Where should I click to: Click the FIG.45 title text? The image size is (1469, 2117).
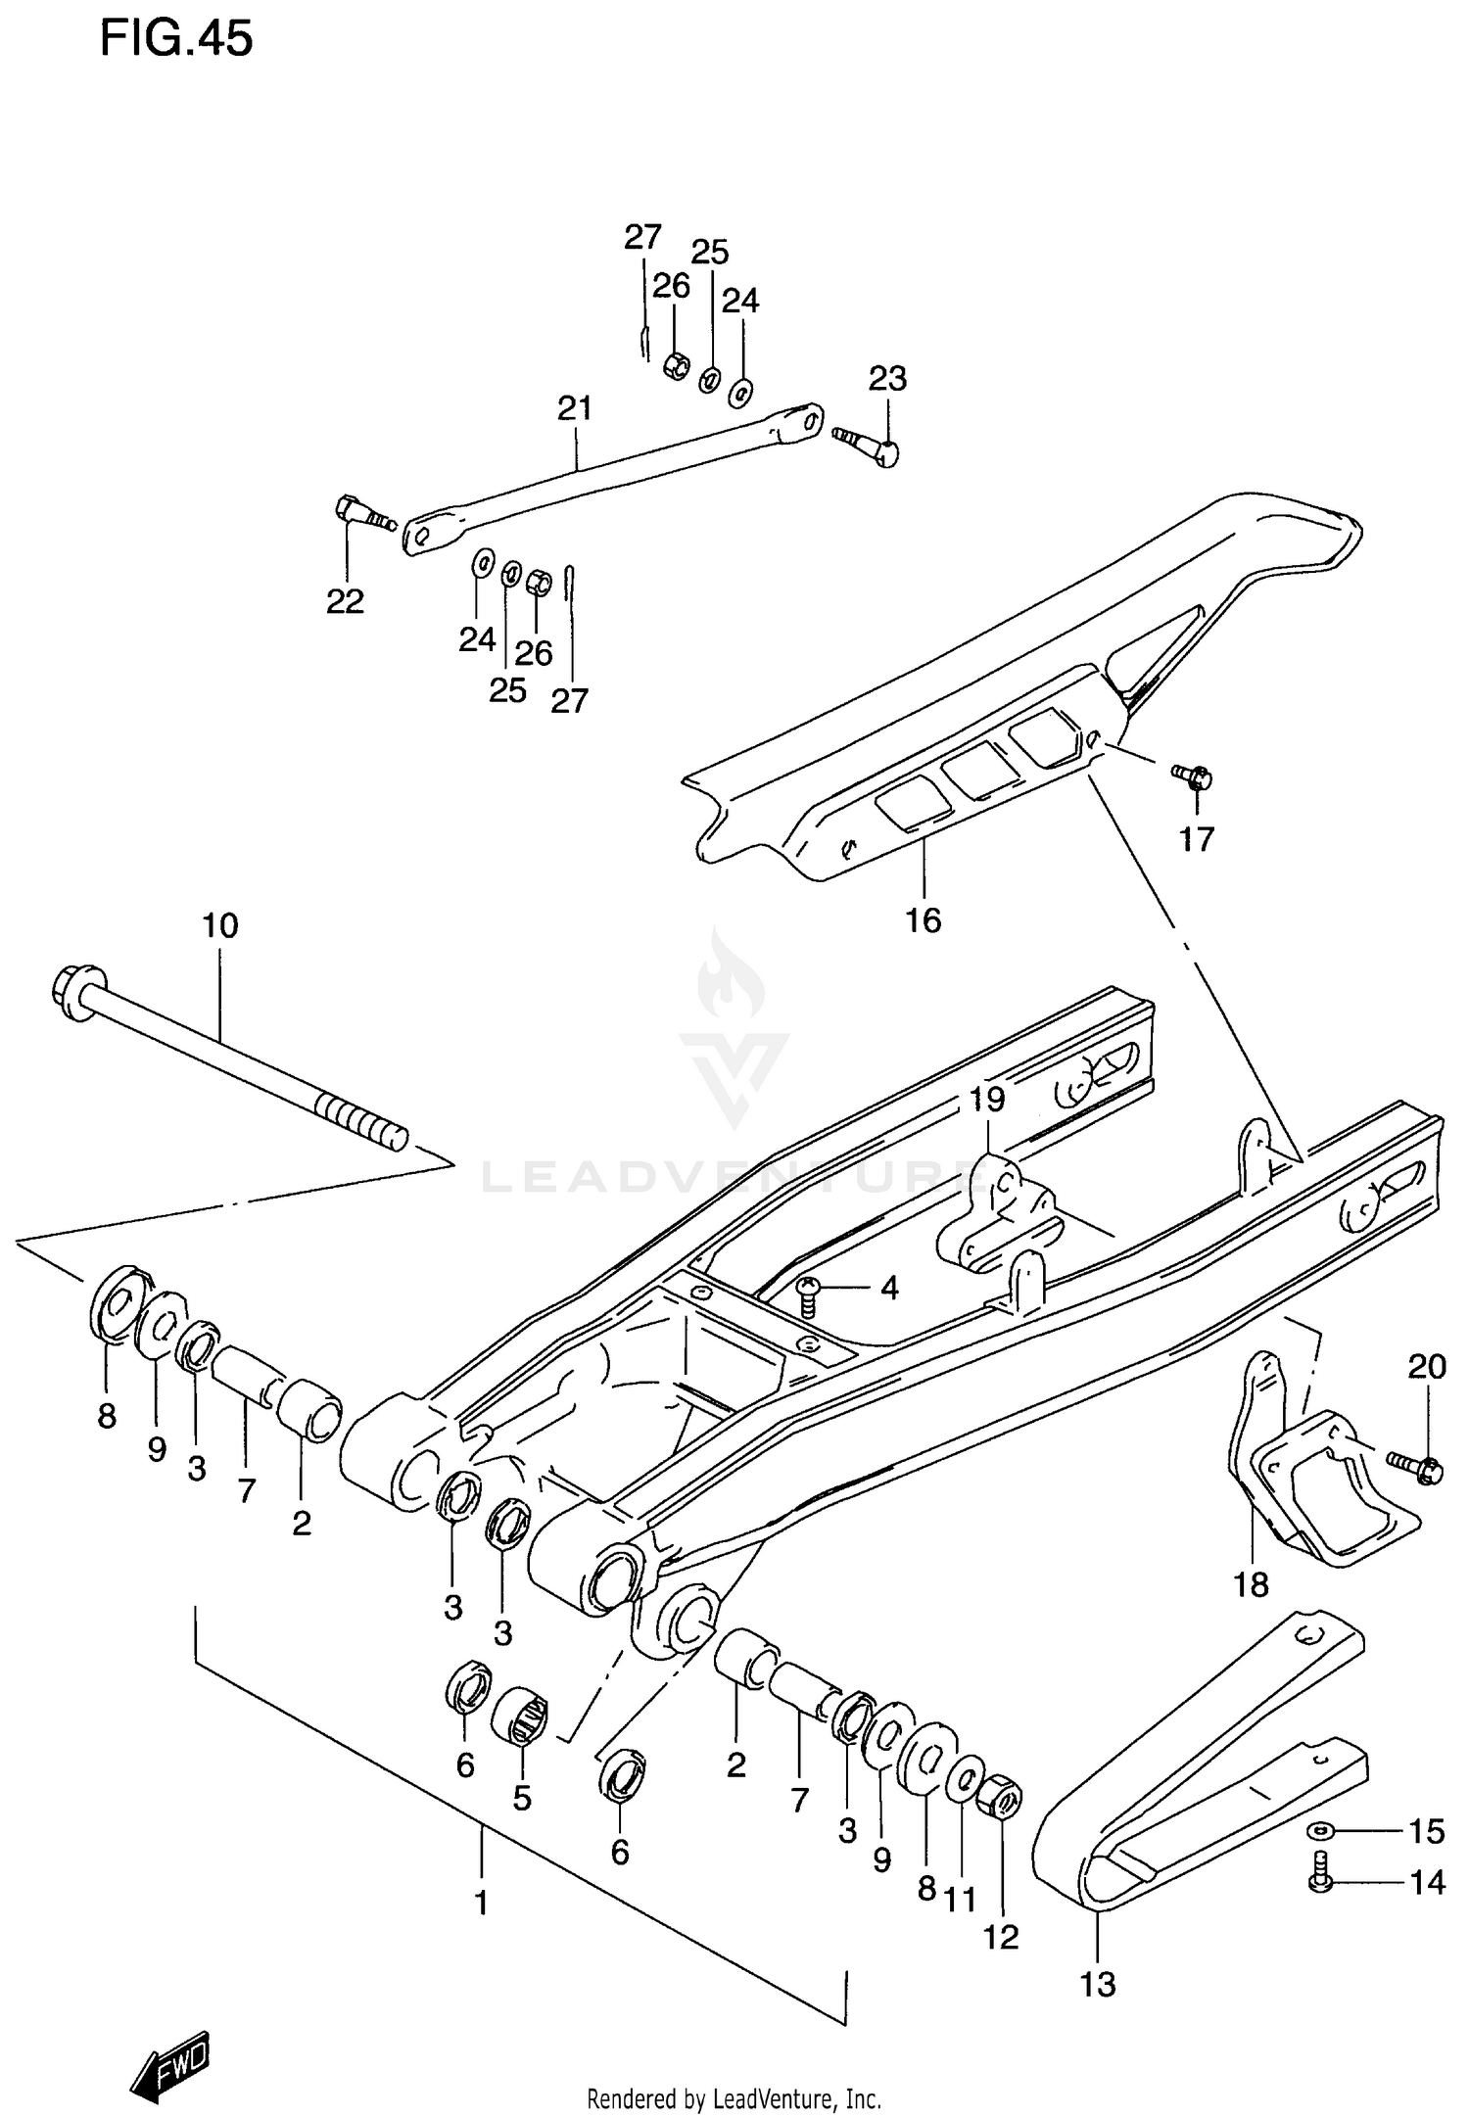(176, 39)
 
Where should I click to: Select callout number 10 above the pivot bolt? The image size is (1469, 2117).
(220, 925)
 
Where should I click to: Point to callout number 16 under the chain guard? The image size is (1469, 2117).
(923, 920)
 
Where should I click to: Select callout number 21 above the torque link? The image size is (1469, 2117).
(575, 408)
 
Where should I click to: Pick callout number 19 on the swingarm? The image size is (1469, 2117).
(987, 1100)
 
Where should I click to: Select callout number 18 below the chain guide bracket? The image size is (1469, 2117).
(1251, 1584)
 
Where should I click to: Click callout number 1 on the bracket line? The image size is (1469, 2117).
(481, 1903)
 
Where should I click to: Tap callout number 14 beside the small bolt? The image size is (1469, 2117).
(1427, 1882)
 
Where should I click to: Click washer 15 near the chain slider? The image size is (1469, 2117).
(1320, 1829)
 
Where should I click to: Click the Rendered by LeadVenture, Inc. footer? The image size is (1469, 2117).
(734, 2098)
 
